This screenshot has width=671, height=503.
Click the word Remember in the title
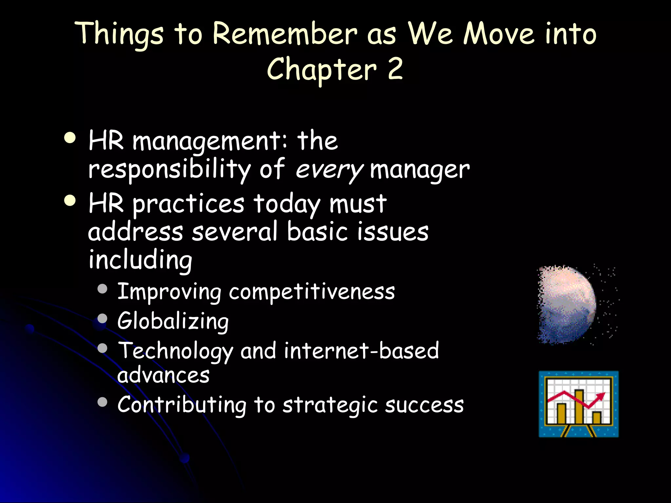tap(284, 33)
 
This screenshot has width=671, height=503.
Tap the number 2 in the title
tap(395, 69)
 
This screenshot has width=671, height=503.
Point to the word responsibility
tap(169, 170)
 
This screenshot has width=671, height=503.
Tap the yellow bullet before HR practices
tap(70, 201)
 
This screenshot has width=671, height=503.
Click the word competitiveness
tap(312, 291)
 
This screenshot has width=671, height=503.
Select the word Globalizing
tap(173, 321)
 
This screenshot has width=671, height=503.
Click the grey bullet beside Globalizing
tap(103, 318)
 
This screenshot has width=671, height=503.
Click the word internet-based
tap(361, 350)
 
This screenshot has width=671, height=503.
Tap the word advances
tap(163, 375)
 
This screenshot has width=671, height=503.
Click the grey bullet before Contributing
tap(103, 402)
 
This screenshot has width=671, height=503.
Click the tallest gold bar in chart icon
tap(579, 406)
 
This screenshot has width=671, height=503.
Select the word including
tap(140, 260)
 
